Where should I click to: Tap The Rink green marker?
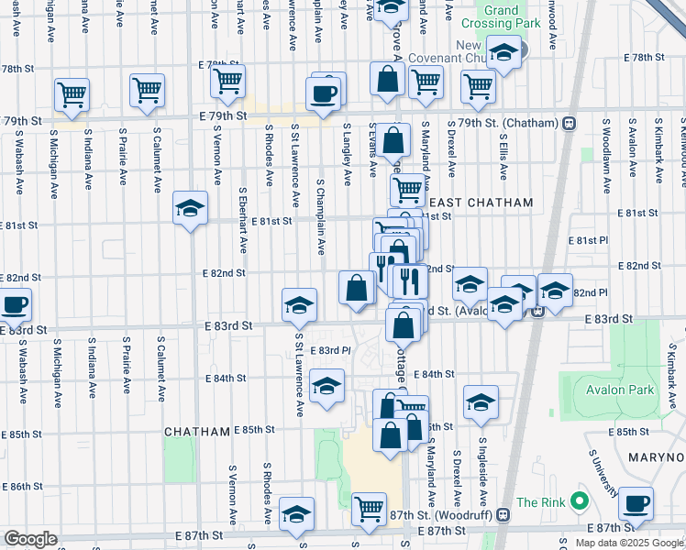579,501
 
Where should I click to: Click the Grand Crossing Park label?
514,17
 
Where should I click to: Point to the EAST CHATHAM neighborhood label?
469,203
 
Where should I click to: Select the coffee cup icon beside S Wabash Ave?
13,305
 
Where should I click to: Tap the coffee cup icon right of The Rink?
636,503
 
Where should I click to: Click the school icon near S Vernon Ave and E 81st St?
190,209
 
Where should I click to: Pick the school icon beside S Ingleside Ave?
481,402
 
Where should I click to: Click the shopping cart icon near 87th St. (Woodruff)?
369,508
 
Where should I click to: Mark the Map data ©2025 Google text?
628,543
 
